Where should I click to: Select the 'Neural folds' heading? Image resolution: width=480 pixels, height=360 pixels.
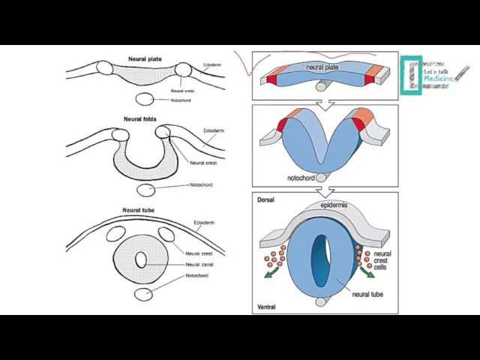[140, 119]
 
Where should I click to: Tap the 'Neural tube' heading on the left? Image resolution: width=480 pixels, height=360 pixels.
[139, 210]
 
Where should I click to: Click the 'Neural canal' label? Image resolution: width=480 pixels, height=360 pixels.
[200, 264]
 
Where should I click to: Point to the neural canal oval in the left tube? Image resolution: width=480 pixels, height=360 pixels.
[141, 259]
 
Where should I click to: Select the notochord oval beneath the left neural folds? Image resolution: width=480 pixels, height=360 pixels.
[146, 190]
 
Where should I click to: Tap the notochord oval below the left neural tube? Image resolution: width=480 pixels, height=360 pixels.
[142, 293]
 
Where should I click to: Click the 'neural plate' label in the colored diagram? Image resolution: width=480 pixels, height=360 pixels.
[322, 67]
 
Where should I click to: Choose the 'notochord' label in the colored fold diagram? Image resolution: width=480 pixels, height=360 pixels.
[300, 178]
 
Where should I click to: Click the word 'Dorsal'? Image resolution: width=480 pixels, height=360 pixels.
[266, 200]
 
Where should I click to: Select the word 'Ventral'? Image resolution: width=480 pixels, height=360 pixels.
[266, 307]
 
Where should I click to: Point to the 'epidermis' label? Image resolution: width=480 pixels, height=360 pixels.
[334, 205]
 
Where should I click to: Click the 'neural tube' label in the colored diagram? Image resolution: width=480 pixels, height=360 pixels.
[367, 294]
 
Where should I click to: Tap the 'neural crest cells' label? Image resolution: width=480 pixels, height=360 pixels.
[382, 260]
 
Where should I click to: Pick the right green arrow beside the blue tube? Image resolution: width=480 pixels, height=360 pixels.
[368, 271]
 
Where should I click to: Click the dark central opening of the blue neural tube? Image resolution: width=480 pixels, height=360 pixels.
[321, 259]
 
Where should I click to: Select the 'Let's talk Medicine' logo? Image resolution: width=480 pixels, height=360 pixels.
[430, 76]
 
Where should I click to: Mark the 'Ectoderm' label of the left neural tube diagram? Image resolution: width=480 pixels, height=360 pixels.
[204, 223]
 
